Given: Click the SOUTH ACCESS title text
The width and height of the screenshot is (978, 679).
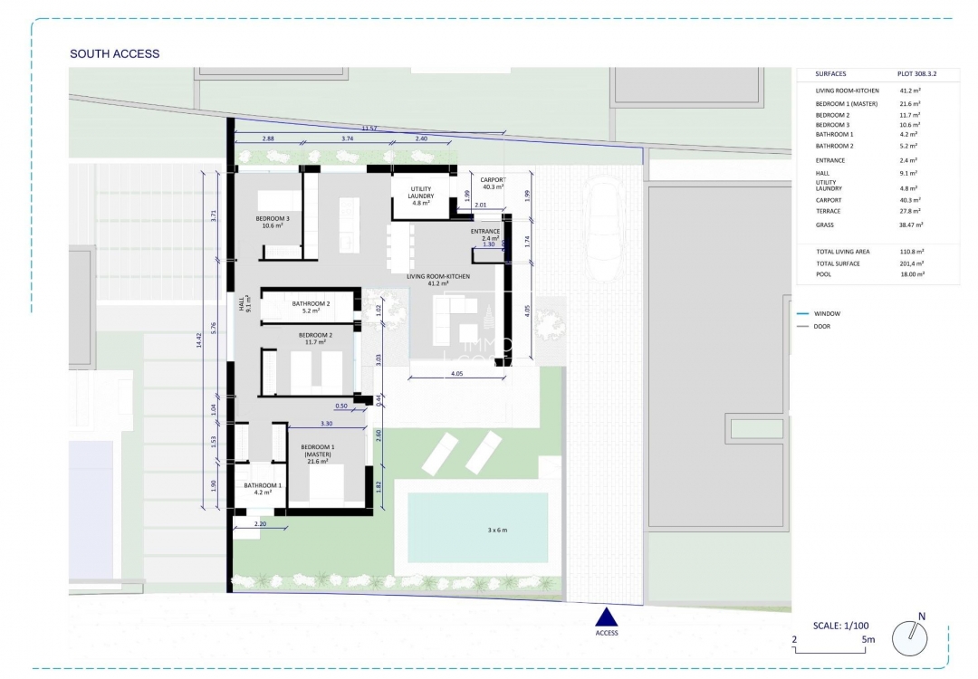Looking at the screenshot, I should pos(114,54).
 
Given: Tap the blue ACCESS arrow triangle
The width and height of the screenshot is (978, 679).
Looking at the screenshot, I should pos(606,617).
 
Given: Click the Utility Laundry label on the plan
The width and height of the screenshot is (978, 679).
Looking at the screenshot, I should pos(420,196).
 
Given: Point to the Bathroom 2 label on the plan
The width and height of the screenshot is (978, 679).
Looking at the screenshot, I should pos(311,307).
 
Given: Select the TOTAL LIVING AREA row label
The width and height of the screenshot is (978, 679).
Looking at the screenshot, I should pos(842,252).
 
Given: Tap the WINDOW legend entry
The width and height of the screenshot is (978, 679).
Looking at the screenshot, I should pos(827,313).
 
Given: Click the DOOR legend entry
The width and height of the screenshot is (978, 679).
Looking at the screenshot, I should pos(822,326).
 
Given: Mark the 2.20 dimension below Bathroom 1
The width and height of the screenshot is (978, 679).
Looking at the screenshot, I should pos(260,524).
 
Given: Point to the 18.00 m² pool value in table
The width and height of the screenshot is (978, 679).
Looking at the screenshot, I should pos(912,273).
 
